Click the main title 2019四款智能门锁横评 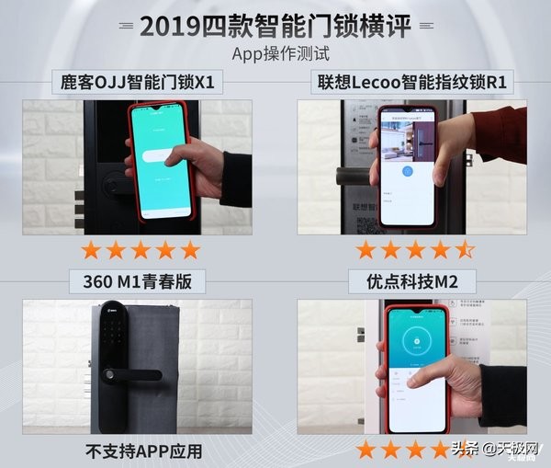(x=275, y=25)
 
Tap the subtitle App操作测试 (x=275, y=52)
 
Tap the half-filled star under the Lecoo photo (x=466, y=250)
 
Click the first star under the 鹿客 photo (x=91, y=250)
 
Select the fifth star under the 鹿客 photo (x=190, y=250)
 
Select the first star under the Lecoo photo (x=366, y=250)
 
